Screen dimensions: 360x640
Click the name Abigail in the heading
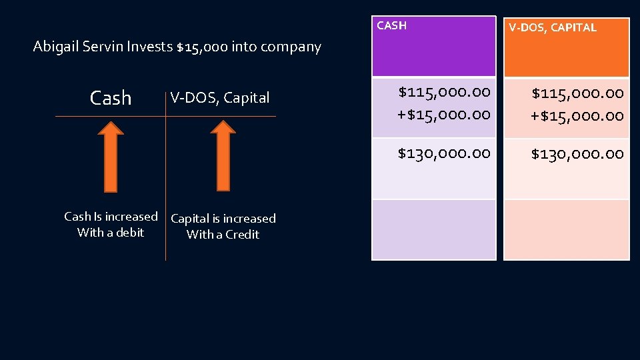pos(55,47)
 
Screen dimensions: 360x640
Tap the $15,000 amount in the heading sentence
pos(202,47)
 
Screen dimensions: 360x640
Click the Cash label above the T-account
pos(111,98)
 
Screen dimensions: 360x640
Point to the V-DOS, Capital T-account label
pos(220,98)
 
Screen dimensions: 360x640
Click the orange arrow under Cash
pos(111,160)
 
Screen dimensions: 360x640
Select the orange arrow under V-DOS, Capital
pos(223,160)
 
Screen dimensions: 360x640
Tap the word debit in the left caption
pos(130,233)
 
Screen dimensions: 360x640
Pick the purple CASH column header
pos(433,47)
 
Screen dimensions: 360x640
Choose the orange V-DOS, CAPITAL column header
pos(566,47)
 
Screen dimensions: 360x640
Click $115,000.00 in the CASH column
pos(444,91)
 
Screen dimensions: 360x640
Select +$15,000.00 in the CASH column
pos(444,114)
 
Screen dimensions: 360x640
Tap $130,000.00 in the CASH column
pos(444,153)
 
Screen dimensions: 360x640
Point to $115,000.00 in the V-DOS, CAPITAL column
pos(577,92)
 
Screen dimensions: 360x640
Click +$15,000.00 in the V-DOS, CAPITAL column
pos(577,115)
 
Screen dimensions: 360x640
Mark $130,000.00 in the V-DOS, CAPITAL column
pos(577,154)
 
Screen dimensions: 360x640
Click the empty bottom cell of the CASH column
pos(433,229)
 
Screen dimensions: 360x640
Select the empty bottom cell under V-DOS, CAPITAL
pos(566,229)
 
